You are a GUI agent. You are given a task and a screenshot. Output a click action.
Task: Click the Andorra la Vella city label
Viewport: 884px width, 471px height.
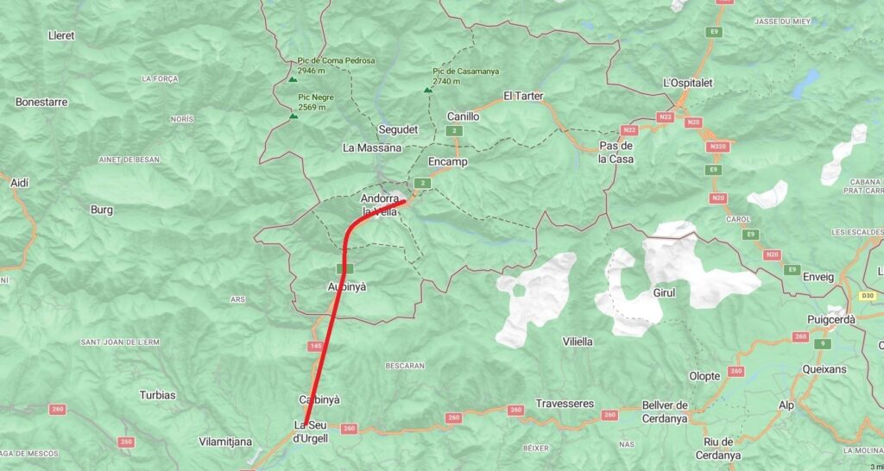(380, 204)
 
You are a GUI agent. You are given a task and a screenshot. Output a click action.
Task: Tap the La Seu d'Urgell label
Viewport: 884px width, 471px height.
(311, 432)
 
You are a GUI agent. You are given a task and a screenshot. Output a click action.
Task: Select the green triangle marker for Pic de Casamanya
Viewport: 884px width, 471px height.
(427, 89)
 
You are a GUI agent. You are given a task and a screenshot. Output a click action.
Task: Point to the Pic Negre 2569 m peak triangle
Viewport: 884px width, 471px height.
(294, 115)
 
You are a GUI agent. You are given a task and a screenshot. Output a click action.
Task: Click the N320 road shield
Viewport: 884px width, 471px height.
(717, 148)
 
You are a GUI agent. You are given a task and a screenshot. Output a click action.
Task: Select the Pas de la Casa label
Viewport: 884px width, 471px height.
(616, 153)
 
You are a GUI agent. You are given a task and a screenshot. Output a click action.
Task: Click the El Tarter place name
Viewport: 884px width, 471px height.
(523, 96)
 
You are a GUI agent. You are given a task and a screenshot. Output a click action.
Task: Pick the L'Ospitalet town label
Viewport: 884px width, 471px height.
(690, 82)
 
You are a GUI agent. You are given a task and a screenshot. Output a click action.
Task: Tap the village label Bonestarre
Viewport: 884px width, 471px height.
(41, 102)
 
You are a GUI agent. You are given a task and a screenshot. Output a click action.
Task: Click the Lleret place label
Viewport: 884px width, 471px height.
(61, 35)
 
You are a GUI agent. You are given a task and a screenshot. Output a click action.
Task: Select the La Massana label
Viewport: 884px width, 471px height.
(372, 148)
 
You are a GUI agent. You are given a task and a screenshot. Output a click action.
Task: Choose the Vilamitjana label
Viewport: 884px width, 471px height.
(225, 442)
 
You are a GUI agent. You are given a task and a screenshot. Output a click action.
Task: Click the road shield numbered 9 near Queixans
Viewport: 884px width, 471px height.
(824, 343)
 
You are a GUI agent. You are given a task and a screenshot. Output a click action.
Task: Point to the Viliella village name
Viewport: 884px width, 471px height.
(578, 342)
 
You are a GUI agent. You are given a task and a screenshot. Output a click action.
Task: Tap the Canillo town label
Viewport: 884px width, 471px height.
(463, 116)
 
